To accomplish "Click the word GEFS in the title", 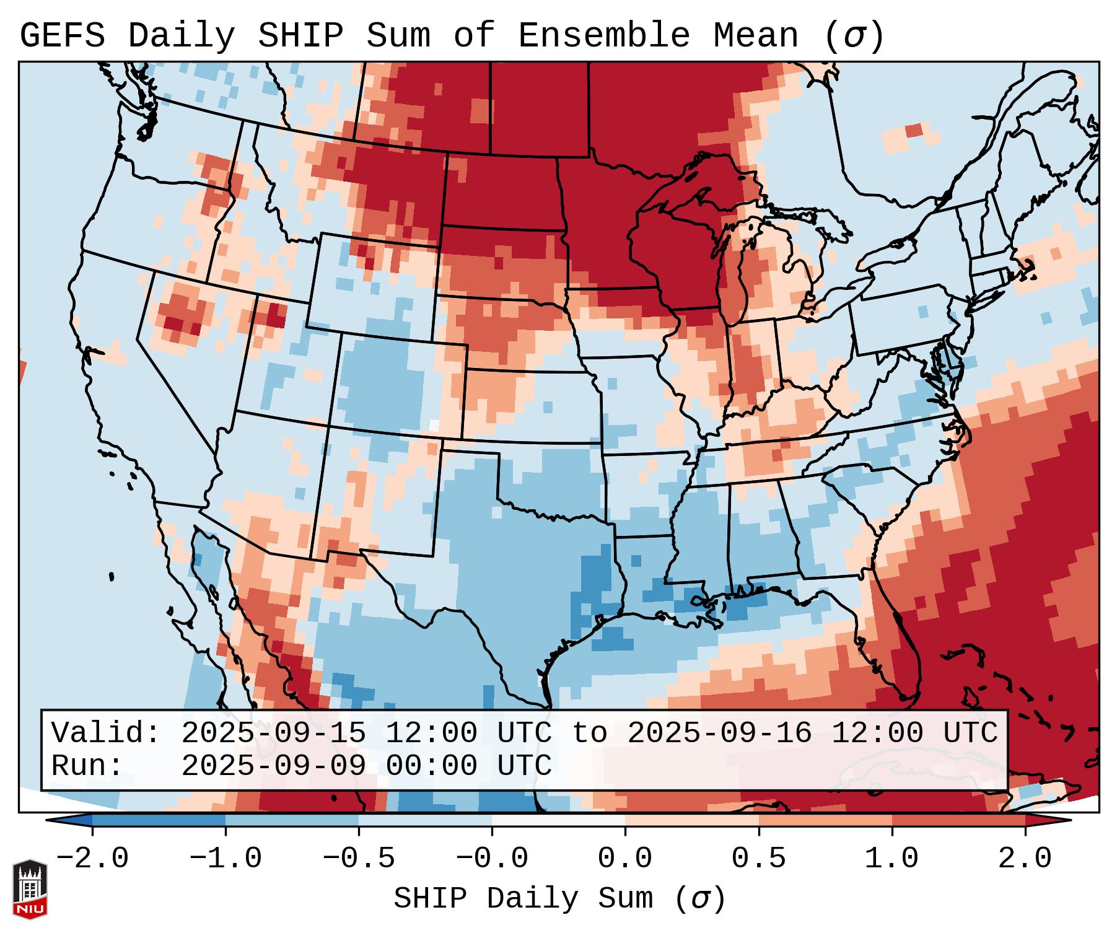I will tap(63, 35).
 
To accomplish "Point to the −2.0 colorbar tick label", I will tap(92, 859).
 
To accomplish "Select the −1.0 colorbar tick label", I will tap(225, 859).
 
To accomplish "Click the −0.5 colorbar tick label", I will tap(359, 859).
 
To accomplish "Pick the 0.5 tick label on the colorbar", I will tap(758, 859).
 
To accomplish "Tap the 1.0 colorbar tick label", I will tap(891, 859).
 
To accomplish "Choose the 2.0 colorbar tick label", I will tap(1025, 859).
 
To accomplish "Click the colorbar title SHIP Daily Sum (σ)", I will tap(559, 899).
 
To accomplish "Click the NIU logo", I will tap(30, 889).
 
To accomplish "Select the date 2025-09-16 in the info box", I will tap(719, 733).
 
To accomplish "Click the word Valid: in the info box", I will tap(106, 733).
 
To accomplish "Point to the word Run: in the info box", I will tap(87, 766).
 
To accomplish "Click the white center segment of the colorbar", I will tap(558, 820).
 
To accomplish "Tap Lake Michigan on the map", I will tap(731, 273).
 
